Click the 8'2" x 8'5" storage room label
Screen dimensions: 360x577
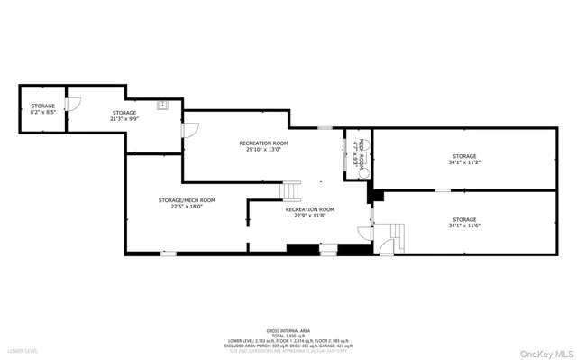pos(43,108)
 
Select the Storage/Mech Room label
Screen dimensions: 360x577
pos(187,203)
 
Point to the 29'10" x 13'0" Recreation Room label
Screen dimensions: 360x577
pos(263,147)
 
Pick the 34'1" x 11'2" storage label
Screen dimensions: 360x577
pos(464,160)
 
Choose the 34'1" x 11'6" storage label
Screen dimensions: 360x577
pos(464,222)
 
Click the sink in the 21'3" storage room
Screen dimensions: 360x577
pos(163,105)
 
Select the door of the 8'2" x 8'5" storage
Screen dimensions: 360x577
pos(77,102)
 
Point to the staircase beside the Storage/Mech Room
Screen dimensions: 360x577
pos(292,190)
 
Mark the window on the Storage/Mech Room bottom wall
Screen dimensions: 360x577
pos(168,254)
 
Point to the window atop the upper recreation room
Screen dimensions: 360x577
pos(324,128)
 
